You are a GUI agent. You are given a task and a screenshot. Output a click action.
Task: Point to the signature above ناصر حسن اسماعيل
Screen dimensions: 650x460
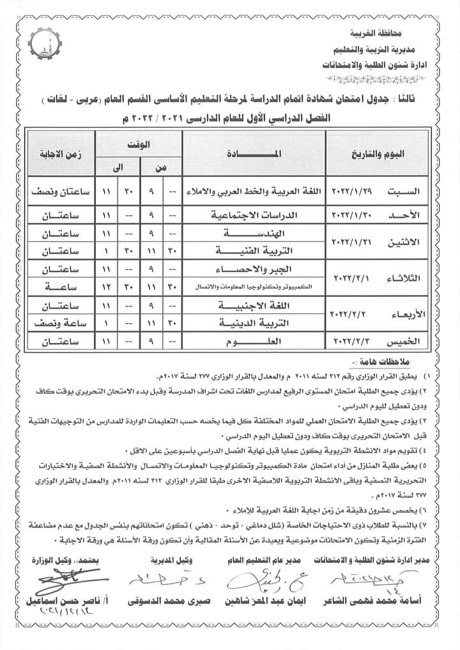(x=59, y=581)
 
